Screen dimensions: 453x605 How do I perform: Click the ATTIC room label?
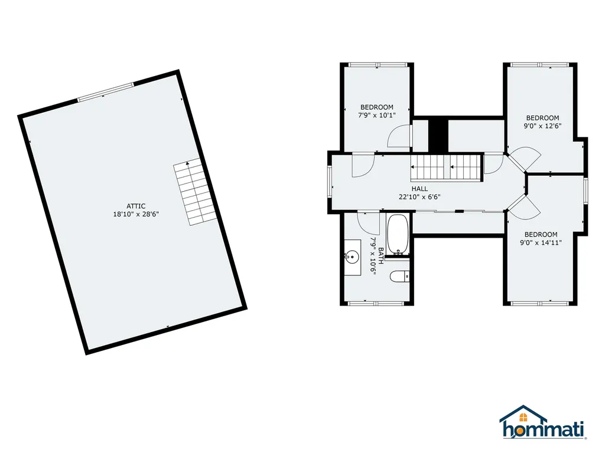(136, 206)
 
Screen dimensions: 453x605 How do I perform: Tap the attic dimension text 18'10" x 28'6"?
(136, 214)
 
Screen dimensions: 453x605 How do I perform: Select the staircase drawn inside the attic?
(193, 192)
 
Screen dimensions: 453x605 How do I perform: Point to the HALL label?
(419, 189)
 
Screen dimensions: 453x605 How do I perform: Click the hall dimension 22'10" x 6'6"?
(419, 198)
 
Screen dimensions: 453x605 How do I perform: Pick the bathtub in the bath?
(397, 235)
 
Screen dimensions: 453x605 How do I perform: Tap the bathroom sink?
(353, 257)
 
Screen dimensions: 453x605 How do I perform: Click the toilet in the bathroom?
(400, 275)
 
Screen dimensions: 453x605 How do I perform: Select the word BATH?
(381, 255)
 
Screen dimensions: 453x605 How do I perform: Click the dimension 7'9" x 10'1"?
(376, 116)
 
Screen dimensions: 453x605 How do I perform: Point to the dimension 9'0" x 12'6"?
(542, 126)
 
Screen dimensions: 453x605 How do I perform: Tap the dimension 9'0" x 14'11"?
(541, 242)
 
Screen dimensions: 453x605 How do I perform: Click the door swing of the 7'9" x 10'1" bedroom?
(398, 137)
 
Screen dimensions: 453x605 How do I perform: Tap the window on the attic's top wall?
(106, 93)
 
